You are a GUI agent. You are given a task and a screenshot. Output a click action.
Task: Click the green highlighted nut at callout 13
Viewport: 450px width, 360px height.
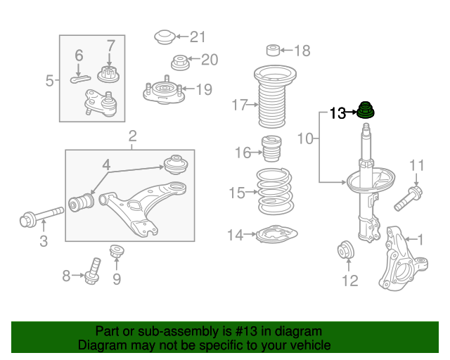(366, 110)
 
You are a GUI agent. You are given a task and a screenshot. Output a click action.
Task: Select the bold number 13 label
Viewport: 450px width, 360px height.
(337, 113)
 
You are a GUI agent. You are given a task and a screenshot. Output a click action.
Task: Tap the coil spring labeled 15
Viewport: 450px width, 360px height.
(275, 191)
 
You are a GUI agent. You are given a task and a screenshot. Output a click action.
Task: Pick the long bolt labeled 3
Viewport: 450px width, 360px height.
(41, 217)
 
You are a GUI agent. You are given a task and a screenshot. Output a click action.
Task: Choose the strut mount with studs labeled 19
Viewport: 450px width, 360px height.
(164, 91)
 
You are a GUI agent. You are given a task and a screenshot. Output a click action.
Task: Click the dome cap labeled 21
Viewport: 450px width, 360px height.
(165, 37)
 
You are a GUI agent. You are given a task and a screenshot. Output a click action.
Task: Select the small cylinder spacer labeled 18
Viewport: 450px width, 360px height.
(273, 50)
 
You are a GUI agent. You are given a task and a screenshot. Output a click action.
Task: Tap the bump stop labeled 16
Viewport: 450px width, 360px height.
(271, 148)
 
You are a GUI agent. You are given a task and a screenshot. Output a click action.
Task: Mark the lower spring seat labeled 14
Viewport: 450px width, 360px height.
(276, 234)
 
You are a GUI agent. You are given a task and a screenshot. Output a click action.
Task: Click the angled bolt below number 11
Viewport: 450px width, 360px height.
(408, 198)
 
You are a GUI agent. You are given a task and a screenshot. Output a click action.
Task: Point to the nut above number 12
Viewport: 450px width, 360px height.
(346, 250)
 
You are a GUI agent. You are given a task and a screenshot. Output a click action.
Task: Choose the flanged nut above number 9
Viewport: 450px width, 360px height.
(117, 251)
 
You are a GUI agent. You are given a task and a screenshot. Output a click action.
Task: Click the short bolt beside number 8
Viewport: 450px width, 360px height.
(92, 271)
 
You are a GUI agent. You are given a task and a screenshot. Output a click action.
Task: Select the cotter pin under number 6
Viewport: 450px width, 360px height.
(80, 79)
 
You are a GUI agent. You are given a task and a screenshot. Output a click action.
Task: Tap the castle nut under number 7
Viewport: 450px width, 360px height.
(108, 74)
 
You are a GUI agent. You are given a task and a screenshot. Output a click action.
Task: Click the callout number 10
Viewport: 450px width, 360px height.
(305, 139)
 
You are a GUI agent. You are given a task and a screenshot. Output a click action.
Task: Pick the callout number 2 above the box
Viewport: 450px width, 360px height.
(132, 136)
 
